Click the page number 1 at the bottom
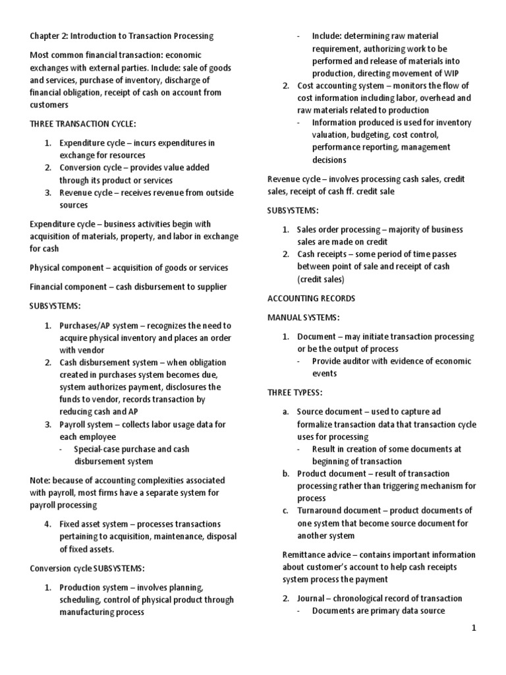tap(473, 628)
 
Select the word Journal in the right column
tap(311, 599)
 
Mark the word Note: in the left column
tap(41, 481)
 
